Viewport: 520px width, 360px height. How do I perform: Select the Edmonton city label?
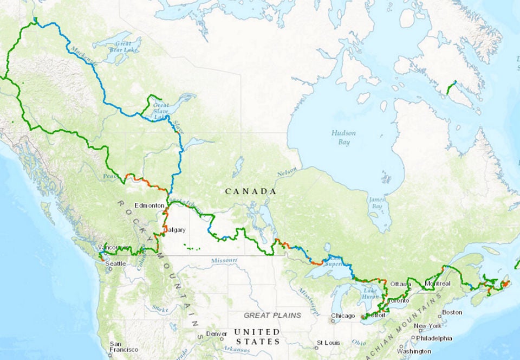point(149,205)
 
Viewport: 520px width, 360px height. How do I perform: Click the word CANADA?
point(250,191)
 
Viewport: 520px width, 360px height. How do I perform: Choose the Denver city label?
point(216,333)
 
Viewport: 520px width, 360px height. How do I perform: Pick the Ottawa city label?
point(401,284)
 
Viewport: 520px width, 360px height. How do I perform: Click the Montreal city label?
point(439,284)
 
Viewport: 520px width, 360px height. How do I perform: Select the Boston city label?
point(452,312)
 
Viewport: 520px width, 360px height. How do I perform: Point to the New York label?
point(427,326)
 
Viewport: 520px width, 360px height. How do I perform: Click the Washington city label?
point(413,351)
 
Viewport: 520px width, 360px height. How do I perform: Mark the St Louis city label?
point(329,343)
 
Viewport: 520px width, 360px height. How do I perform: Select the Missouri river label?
point(224,261)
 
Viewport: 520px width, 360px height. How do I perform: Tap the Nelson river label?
point(287,173)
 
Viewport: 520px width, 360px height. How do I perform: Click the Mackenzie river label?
point(82,56)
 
